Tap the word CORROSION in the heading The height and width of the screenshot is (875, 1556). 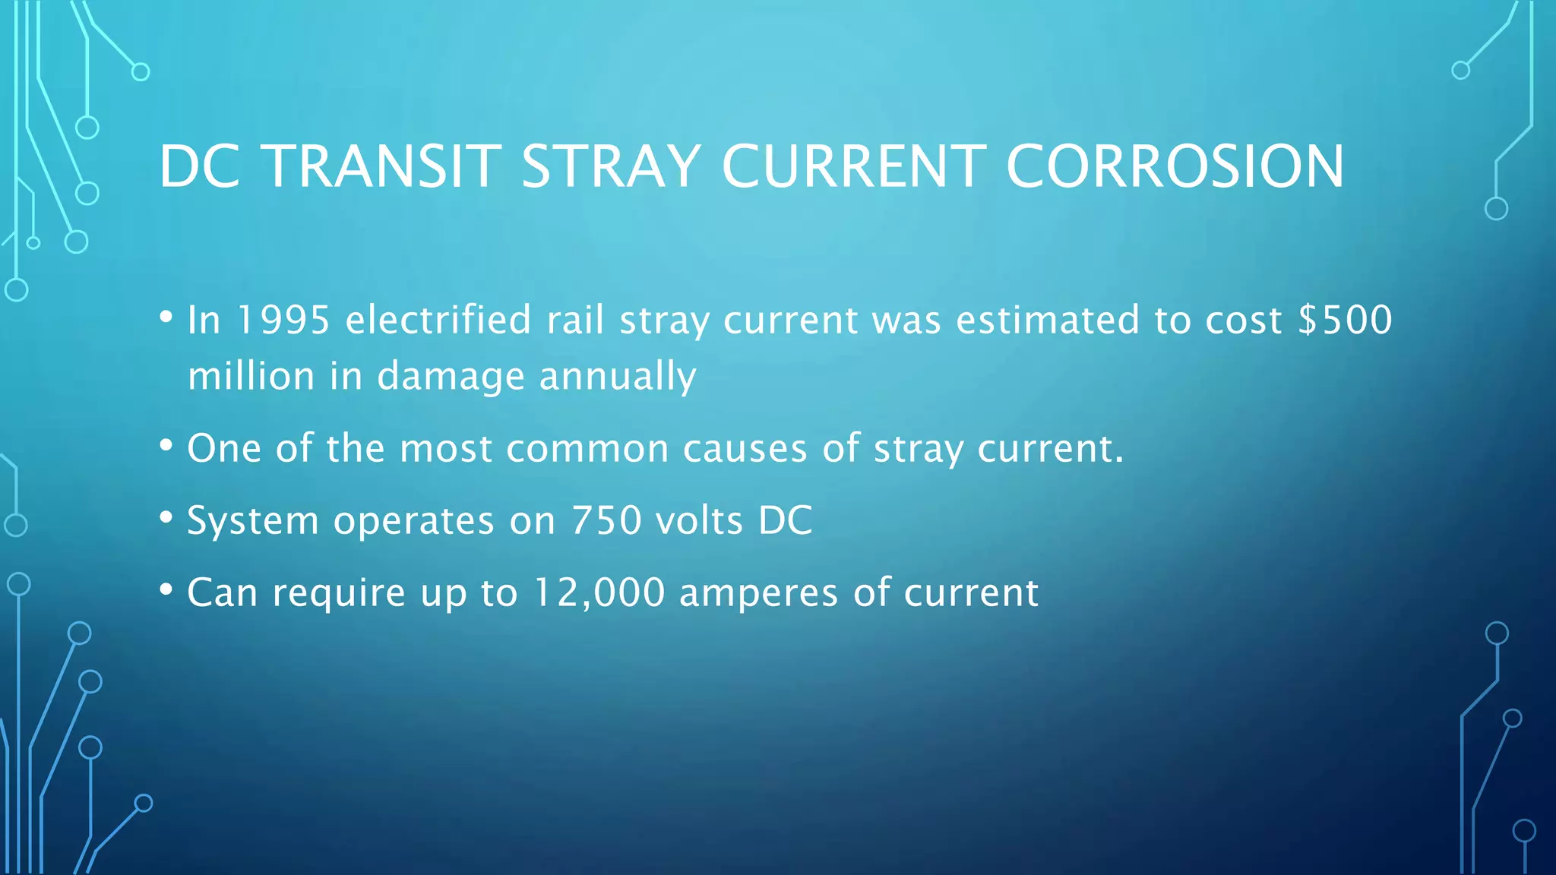tap(1175, 166)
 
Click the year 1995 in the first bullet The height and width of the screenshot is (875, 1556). tap(283, 320)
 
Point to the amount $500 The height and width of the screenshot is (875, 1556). tap(1345, 320)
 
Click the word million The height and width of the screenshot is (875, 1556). tap(251, 377)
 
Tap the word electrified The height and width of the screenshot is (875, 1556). tap(438, 320)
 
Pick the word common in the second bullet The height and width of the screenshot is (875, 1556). tap(587, 449)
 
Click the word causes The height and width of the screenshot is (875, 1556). tap(745, 449)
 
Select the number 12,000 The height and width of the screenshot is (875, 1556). tap(599, 593)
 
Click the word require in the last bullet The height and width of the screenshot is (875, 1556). tap(339, 593)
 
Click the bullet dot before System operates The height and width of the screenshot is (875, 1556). tap(166, 518)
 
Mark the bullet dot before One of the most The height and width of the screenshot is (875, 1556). tap(166, 446)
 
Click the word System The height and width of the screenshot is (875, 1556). tap(253, 521)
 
